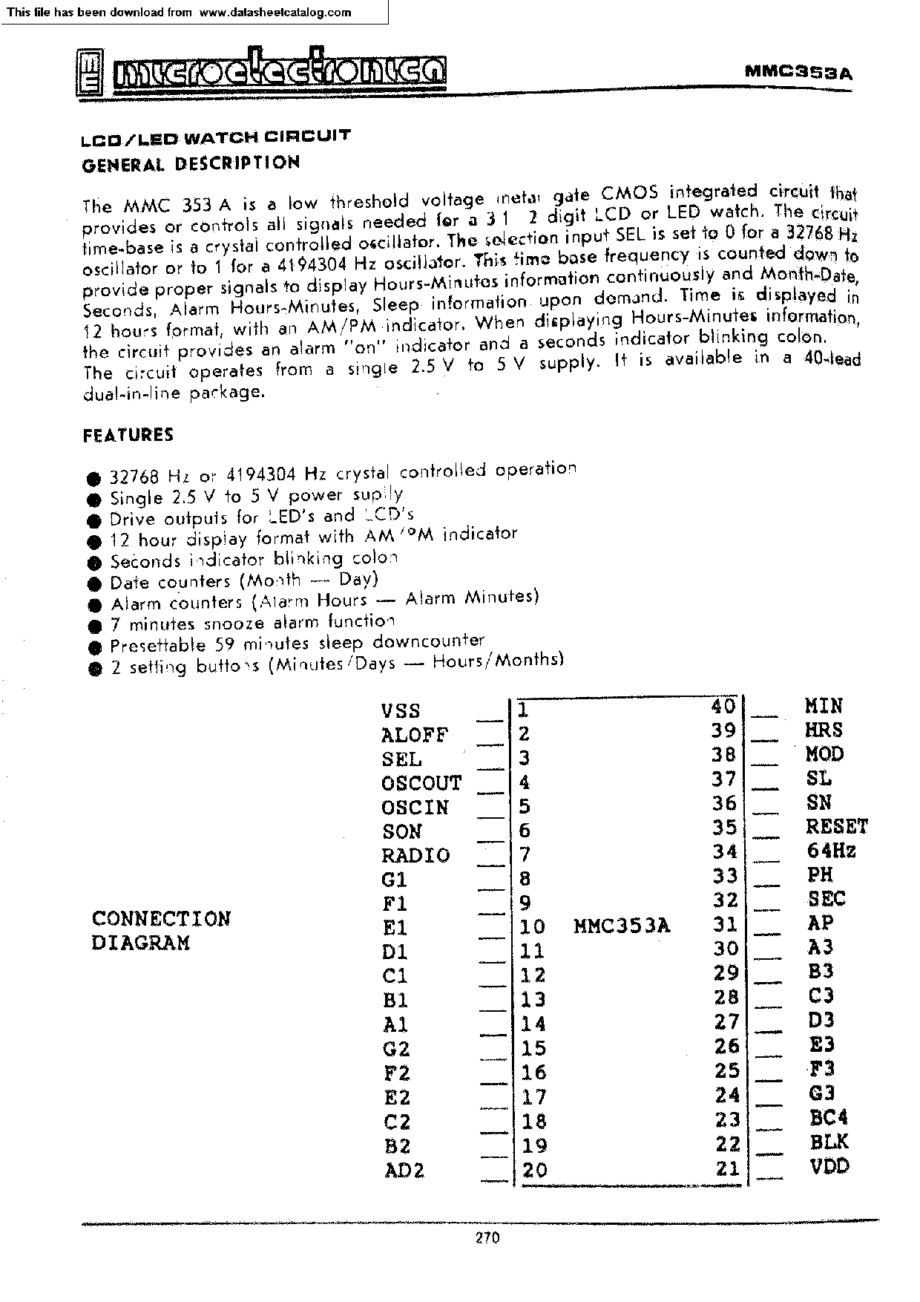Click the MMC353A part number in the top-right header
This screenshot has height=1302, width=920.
coord(798,72)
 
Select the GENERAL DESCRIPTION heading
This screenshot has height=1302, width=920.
coord(191,163)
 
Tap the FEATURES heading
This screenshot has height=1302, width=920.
coord(128,435)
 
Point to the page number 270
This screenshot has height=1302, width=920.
coord(487,1237)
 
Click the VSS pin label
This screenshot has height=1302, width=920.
coord(401,710)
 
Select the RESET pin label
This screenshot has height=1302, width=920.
coord(837,826)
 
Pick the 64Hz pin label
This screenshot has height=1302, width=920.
coord(831,851)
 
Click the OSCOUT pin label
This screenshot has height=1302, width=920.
coord(421,783)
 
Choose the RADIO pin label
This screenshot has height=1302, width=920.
coord(415,855)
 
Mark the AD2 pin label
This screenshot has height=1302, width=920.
coord(404,1171)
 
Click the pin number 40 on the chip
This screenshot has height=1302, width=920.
coord(723,706)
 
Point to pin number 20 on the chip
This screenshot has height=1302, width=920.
coord(534,1170)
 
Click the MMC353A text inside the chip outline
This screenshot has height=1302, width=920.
coord(622,926)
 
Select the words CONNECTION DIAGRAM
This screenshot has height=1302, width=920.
coord(161,930)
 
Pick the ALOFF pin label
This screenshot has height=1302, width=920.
coord(415,735)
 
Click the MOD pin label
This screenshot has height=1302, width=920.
coord(825,754)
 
